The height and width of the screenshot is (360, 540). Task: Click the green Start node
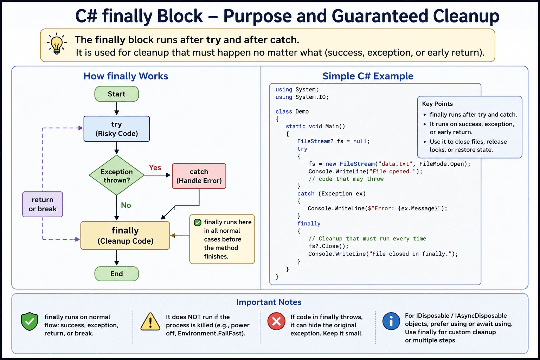point(117,94)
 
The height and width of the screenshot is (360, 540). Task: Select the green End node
point(117,274)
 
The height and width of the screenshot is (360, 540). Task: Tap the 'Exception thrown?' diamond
point(117,175)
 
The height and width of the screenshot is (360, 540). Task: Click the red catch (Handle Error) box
point(199,176)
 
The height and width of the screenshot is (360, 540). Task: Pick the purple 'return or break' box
point(43,204)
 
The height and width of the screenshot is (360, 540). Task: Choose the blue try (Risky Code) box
point(117,129)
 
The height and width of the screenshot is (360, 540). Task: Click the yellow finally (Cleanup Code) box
point(125,235)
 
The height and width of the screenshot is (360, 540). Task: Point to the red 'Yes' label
point(155,168)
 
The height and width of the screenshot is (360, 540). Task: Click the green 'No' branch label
point(126,205)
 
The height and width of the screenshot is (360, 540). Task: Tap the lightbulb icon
point(57,44)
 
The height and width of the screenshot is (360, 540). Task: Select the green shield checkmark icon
point(30,321)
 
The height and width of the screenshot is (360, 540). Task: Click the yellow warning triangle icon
point(150,321)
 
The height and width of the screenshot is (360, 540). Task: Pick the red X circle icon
point(276,321)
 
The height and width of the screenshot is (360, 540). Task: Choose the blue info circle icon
point(391,321)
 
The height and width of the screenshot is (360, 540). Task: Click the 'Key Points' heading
point(437,104)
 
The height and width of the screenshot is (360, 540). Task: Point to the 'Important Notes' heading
point(269,302)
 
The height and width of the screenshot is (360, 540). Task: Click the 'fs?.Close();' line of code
point(328,246)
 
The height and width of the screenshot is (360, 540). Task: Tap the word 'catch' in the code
point(306,194)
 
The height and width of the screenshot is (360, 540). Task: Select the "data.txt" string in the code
point(395,164)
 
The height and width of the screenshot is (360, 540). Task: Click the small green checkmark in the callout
point(198,222)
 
